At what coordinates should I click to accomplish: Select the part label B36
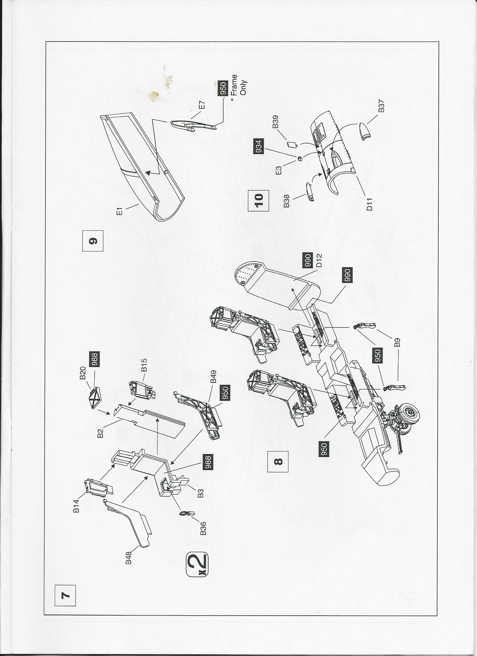click(203, 520)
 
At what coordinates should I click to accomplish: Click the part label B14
click(76, 504)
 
